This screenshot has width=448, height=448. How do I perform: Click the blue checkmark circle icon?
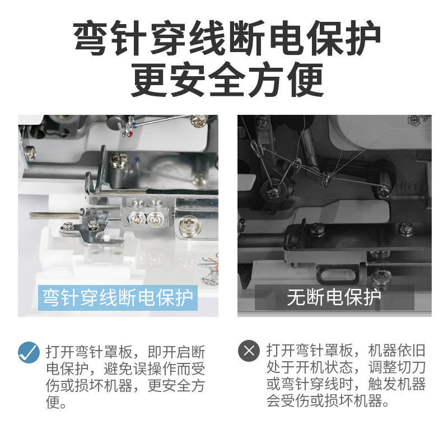[x=29, y=352]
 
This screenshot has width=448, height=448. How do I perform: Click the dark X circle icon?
[x=249, y=351]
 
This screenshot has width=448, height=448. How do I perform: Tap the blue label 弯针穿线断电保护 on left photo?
[x=118, y=298]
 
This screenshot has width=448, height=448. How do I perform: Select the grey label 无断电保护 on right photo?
[x=334, y=297]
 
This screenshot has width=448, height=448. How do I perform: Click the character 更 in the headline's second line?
[x=148, y=79]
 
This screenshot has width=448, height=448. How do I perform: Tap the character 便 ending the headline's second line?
[x=305, y=79]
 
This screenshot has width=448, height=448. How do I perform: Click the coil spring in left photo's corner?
[x=39, y=129]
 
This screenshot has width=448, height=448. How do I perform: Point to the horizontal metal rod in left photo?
[x=54, y=216]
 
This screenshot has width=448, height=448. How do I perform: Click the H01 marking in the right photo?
[x=407, y=186]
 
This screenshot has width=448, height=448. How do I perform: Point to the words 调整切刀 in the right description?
[x=397, y=367]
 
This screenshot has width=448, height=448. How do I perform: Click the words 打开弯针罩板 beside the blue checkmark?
[x=89, y=352]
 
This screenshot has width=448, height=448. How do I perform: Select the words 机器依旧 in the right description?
[x=397, y=351]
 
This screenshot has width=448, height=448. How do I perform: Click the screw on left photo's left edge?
[x=30, y=153]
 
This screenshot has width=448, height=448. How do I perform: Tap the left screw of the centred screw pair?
[x=137, y=220]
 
